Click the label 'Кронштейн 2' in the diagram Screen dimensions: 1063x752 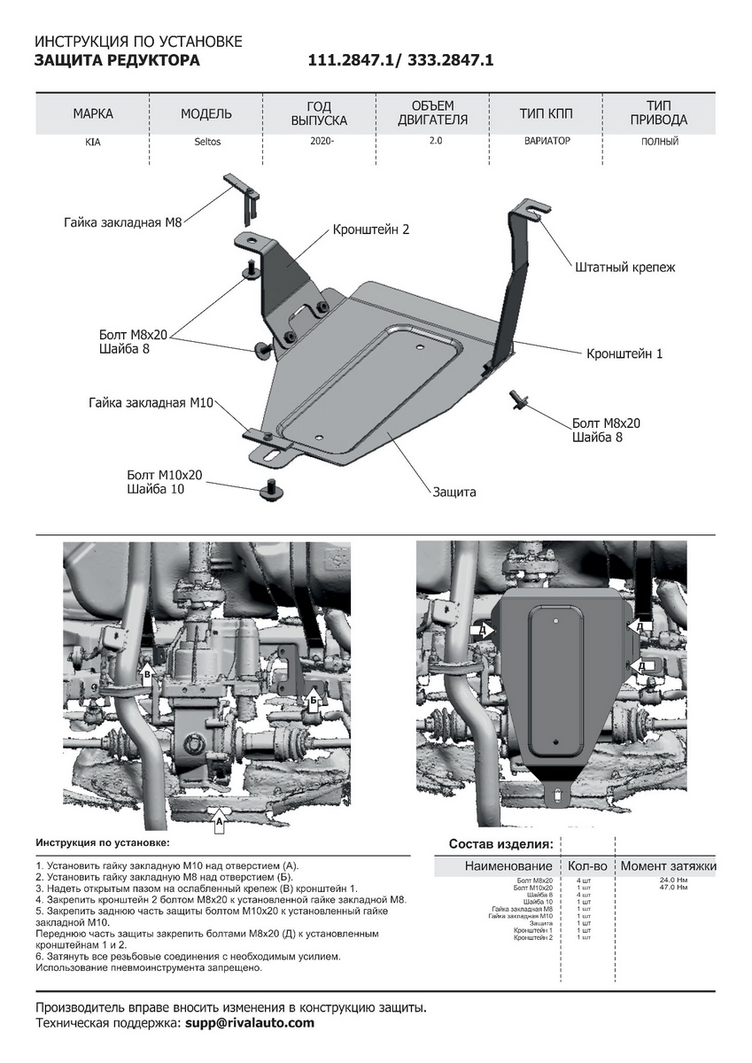click(x=371, y=229)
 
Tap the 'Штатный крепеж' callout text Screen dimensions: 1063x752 click(x=624, y=267)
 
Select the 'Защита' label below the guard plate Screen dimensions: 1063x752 click(x=454, y=492)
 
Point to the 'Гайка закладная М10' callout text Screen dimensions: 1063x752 click(x=151, y=402)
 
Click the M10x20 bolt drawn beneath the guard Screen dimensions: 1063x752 click(x=271, y=486)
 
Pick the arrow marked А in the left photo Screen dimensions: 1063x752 click(x=218, y=823)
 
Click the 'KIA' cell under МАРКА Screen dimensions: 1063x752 click(x=93, y=142)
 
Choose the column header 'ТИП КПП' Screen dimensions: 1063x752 click(x=547, y=113)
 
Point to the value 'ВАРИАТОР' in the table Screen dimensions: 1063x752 click(x=546, y=142)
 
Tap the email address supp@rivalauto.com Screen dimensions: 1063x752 click(x=250, y=1023)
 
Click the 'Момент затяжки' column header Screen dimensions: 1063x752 click(x=668, y=865)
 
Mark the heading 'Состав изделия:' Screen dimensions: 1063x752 click(x=501, y=843)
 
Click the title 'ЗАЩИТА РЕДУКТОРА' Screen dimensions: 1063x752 click(x=117, y=60)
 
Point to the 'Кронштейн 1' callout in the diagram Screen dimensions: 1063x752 click(x=624, y=353)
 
